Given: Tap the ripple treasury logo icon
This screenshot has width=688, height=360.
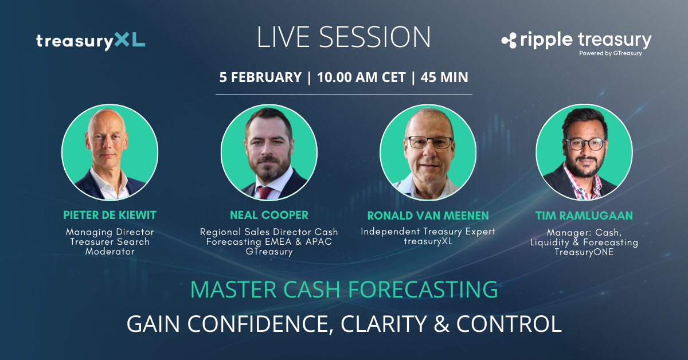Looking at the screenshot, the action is coord(509,41).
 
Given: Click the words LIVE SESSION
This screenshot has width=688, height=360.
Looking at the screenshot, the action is coord(343,37).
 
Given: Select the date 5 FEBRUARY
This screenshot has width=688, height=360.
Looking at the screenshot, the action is coord(260,77).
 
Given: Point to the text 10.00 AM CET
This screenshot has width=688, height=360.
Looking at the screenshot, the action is coord(362,77).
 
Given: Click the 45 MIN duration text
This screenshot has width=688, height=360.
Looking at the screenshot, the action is coord(444,77).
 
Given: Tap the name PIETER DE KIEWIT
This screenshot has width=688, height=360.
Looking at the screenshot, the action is coord(110,216).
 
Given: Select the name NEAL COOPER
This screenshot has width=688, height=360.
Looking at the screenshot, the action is coord(269,216).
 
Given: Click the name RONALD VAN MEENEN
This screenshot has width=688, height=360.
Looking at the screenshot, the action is coord(428,216).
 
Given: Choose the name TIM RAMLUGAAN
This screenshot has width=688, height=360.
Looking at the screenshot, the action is coord(584,216).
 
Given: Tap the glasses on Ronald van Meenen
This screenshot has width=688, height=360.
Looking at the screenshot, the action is coord(429,143).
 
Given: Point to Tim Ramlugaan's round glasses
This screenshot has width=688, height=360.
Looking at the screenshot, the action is coord(585,144).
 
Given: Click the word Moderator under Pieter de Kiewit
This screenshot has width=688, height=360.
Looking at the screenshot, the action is coord(110,252).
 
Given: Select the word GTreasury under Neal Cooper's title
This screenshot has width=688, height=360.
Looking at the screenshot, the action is coord(269,252).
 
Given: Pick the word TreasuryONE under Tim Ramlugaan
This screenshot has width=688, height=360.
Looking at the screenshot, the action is coord(584,252).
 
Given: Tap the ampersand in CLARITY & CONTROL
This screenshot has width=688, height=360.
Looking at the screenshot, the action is coord(441,324).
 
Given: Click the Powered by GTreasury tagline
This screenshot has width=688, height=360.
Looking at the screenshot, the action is coord(611,53).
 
